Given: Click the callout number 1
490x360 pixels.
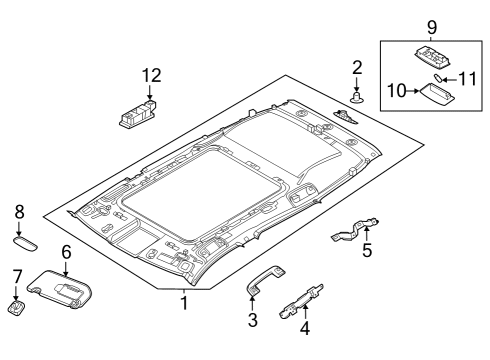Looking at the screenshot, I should (184, 302).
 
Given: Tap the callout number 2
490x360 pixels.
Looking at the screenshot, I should (357, 67).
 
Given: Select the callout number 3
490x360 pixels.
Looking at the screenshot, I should (253, 320).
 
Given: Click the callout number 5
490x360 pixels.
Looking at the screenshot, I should (367, 251).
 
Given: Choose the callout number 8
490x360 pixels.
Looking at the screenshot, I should (18, 212).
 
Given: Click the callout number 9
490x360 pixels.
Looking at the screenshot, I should (431, 24).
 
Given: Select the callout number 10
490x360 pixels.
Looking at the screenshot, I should (396, 91).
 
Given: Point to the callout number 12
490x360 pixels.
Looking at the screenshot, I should (150, 75).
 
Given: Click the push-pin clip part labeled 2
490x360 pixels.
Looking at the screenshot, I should (357, 97).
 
